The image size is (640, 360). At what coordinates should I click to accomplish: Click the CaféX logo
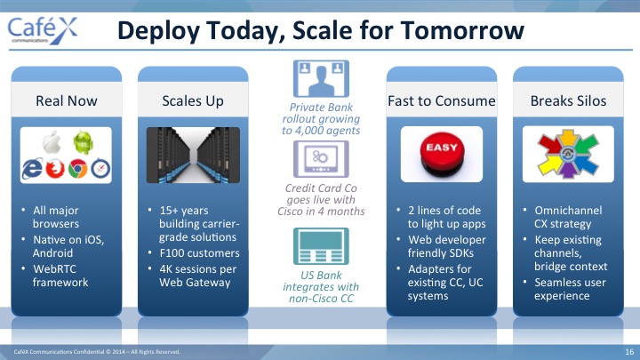tap(43, 29)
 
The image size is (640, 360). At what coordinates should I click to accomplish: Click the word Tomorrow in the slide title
tap(462, 30)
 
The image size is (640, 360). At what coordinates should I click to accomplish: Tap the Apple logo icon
tap(52, 142)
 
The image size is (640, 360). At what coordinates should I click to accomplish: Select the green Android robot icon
tap(84, 142)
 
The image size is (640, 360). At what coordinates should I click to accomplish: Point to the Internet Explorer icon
tap(32, 168)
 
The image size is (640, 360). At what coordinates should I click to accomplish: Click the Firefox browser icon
tap(55, 169)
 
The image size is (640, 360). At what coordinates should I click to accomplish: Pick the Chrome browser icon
tap(77, 169)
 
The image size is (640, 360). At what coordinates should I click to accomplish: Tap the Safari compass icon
tap(100, 169)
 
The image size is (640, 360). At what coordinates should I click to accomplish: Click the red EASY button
tap(442, 154)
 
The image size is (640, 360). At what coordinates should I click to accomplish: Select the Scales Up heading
tap(193, 100)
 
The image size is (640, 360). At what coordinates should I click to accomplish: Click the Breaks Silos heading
tap(568, 100)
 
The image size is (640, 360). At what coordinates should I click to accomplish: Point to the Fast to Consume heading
tap(442, 100)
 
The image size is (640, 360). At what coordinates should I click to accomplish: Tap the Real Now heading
tap(67, 100)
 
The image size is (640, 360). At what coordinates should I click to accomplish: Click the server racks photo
tap(193, 155)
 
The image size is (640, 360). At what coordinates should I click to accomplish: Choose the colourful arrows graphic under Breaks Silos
tap(568, 154)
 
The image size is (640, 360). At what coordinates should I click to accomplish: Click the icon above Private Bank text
tap(321, 79)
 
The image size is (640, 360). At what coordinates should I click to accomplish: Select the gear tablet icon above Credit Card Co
tap(321, 159)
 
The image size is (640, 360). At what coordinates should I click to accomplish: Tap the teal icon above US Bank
tap(321, 246)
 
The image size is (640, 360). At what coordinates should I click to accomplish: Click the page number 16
tap(629, 352)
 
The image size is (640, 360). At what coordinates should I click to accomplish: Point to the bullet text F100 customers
tap(200, 253)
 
